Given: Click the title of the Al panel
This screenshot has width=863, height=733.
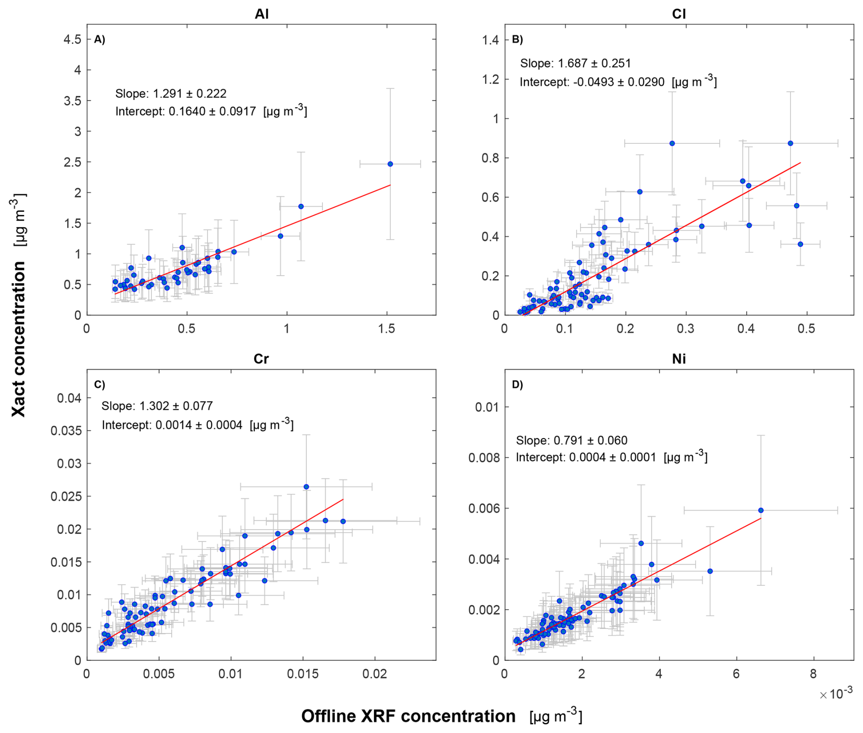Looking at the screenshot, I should (x=261, y=14).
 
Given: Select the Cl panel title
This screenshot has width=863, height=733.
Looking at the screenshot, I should (x=679, y=14).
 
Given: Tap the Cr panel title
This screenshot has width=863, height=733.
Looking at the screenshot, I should (x=261, y=359).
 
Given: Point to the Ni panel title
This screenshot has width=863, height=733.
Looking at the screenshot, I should (x=679, y=359).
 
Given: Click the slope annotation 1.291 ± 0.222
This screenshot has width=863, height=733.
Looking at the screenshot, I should (x=171, y=94).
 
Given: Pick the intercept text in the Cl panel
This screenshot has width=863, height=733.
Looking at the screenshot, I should (x=618, y=82).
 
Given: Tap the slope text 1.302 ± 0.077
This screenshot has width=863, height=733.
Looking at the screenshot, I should (x=157, y=406).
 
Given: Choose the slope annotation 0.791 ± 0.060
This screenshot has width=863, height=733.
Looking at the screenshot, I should (x=572, y=440).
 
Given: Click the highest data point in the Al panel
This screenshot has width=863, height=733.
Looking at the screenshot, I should (x=390, y=164).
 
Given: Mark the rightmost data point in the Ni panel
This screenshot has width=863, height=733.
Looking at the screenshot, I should (x=760, y=510).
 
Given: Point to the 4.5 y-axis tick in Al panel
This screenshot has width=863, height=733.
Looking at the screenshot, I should (x=73, y=39).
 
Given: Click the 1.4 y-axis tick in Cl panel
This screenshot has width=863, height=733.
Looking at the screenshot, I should (x=490, y=40).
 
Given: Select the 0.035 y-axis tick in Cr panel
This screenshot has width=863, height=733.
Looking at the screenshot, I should (x=66, y=431).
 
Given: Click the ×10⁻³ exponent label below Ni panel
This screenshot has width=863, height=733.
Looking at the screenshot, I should (x=836, y=694).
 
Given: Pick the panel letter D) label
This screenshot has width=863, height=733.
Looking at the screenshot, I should (x=517, y=384).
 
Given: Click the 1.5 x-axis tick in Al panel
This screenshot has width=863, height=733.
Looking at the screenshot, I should (x=387, y=329).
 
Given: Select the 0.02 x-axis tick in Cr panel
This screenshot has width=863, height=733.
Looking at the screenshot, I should (x=375, y=674).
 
